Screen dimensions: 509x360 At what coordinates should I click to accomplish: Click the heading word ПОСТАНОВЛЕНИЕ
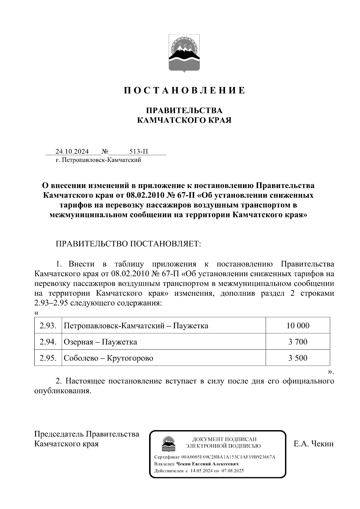pyautogui.click(x=184, y=90)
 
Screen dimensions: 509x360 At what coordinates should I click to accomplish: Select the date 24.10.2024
pyautogui.click(x=72, y=151)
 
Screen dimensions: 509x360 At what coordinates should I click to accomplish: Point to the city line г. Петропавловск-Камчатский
pyautogui.click(x=98, y=160)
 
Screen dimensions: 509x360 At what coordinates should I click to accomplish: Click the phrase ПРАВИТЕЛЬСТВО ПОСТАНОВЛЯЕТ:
pyautogui.click(x=128, y=244)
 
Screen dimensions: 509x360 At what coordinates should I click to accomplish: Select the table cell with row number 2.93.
pyautogui.click(x=48, y=325)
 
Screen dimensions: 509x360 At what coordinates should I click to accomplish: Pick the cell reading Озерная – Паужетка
pyautogui.click(x=100, y=342)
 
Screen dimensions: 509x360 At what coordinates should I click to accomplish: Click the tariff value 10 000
pyautogui.click(x=298, y=325)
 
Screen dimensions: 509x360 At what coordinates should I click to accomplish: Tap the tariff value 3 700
pyautogui.click(x=298, y=342)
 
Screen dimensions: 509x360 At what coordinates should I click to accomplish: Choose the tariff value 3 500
pyautogui.click(x=298, y=358)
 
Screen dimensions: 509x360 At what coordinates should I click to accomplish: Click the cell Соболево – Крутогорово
pyautogui.click(x=108, y=358)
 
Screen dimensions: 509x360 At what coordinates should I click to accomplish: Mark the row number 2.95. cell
pyautogui.click(x=48, y=358)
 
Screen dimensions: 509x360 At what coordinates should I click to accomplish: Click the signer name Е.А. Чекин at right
pyautogui.click(x=313, y=444)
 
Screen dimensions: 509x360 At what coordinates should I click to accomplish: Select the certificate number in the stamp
pyautogui.click(x=228, y=457)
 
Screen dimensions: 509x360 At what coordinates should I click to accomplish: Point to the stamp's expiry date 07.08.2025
pyautogui.click(x=233, y=471)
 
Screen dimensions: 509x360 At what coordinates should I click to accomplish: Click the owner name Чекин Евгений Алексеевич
pyautogui.click(x=207, y=464)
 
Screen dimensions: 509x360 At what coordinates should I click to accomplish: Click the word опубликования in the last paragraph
pyautogui.click(x=62, y=391)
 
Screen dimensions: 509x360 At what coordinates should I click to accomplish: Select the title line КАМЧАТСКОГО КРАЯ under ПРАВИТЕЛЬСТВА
pyautogui.click(x=184, y=120)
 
